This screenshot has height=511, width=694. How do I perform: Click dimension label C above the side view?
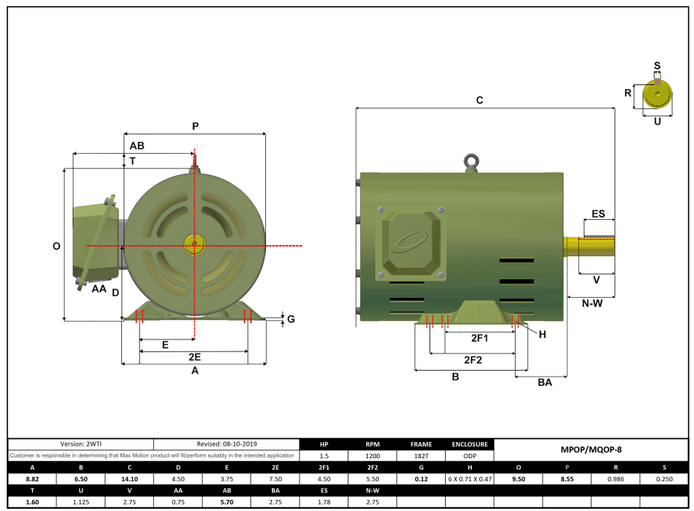(x=480, y=100)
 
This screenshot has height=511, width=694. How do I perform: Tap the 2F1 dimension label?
(x=480, y=338)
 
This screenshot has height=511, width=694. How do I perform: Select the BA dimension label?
(x=545, y=383)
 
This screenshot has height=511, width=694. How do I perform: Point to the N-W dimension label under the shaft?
(x=591, y=303)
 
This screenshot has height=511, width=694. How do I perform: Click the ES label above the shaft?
(x=598, y=214)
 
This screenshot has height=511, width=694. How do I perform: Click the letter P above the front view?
(x=195, y=126)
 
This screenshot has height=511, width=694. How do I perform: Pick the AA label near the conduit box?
(x=99, y=288)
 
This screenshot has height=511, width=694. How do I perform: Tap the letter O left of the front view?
(x=56, y=246)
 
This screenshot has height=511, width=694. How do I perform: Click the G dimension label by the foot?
(x=291, y=319)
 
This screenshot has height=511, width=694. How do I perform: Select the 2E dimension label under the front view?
(x=194, y=357)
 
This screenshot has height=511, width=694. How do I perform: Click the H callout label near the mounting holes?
(x=542, y=334)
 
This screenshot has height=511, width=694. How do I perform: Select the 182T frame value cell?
(x=421, y=456)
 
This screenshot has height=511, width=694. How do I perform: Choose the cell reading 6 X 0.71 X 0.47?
(x=470, y=479)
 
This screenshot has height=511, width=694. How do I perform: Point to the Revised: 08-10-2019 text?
(x=227, y=443)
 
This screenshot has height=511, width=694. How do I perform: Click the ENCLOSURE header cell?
(x=470, y=444)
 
